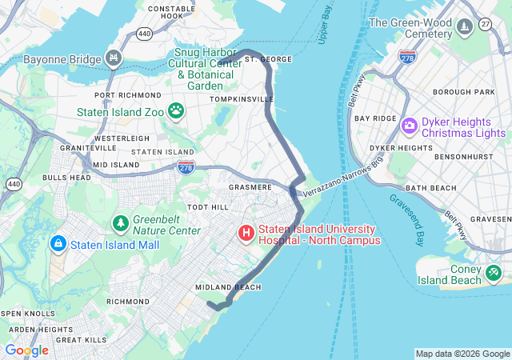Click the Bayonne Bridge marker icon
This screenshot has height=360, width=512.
[x=114, y=59]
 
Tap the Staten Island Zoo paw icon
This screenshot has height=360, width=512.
[x=176, y=112]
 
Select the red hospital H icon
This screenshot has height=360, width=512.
[x=246, y=234]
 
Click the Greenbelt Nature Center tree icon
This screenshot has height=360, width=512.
[x=120, y=222]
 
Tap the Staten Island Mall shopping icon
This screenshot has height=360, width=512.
[x=58, y=242]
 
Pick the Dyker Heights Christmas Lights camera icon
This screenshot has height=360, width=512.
[x=410, y=126]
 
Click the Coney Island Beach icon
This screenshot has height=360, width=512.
[x=494, y=274]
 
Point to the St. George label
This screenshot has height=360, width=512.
[x=263, y=59]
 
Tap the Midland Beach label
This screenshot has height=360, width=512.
[x=227, y=287]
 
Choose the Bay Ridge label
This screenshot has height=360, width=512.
[x=375, y=118]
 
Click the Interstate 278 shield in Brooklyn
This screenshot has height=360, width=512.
[x=406, y=57]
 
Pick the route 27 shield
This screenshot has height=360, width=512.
[x=486, y=26]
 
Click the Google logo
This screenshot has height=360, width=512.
[x=26, y=350]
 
